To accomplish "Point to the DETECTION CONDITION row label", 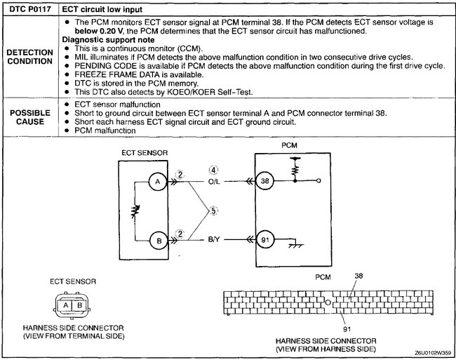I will click(x=28, y=58).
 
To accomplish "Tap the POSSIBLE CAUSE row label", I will click(x=28, y=117).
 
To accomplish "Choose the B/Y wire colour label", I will click(x=215, y=240).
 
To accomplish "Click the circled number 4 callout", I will click(x=215, y=168).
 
